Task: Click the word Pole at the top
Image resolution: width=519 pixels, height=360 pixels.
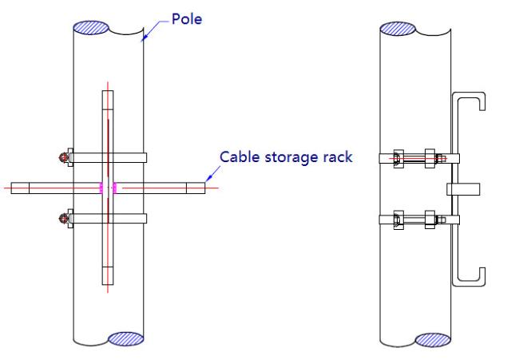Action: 187,18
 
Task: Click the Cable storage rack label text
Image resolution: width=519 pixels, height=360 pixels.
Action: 286,156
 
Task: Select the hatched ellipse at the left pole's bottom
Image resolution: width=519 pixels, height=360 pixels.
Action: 125,339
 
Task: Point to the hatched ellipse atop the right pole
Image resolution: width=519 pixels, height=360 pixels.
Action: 398,29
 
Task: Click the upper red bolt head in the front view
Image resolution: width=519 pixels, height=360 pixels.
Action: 63,157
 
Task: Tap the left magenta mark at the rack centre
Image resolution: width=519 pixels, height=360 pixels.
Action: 101,188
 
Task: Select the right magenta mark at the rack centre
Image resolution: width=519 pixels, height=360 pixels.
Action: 116,188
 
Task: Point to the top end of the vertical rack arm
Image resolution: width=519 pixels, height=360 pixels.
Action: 108,97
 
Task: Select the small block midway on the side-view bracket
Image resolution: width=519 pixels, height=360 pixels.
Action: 462,188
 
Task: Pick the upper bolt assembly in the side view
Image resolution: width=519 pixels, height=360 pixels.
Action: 419,157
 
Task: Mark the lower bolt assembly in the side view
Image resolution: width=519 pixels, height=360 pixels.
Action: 419,218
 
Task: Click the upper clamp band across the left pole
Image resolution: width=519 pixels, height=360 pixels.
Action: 108,157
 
